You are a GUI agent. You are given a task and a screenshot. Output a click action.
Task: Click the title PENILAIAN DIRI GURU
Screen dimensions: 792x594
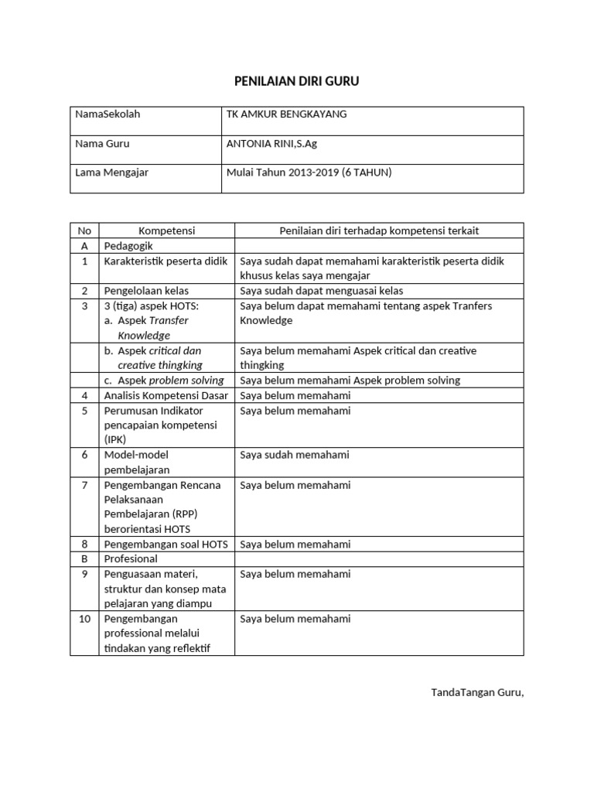(x=297, y=80)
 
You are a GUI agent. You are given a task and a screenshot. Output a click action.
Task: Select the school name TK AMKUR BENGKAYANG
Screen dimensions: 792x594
(x=286, y=114)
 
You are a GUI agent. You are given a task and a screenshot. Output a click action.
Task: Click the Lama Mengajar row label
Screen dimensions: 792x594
(x=111, y=172)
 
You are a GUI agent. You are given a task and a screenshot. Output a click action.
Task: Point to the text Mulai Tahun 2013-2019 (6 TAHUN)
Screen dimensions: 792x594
(x=309, y=172)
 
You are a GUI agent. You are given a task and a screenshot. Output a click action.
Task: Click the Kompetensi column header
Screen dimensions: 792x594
(x=166, y=230)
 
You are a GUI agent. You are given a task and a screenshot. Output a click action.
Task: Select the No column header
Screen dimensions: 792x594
(x=84, y=230)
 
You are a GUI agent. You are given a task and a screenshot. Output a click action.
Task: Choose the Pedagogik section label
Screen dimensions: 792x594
(x=130, y=246)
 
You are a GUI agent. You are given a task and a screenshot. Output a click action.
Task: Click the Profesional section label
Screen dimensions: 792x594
(x=131, y=558)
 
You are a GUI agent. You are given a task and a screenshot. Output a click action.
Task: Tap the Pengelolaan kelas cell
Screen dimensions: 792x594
(x=146, y=291)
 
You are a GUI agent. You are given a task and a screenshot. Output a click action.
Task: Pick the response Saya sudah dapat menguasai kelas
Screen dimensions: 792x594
(x=321, y=291)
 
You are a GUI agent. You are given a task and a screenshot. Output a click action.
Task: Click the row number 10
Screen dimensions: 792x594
(x=84, y=619)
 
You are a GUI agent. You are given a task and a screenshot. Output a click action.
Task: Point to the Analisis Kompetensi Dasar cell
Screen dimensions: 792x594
(x=166, y=395)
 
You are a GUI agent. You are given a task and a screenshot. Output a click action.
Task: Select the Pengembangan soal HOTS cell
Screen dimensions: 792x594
(x=166, y=544)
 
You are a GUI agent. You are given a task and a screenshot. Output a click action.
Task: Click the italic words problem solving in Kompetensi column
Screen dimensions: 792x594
(x=186, y=381)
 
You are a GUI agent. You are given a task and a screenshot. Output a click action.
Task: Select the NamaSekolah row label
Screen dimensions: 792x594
(x=108, y=114)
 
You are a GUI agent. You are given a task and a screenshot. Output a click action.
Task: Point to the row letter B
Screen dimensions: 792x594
(x=84, y=558)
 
